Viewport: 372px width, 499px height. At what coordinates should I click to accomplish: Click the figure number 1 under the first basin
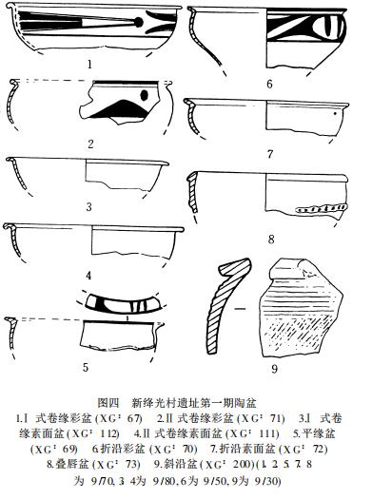tap(88, 66)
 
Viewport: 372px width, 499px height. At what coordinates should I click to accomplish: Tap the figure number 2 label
tap(88, 144)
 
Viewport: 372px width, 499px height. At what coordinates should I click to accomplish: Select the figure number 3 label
tap(88, 205)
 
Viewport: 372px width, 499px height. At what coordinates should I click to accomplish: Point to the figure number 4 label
tap(88, 276)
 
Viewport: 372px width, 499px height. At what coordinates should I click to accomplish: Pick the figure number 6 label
tap(269, 84)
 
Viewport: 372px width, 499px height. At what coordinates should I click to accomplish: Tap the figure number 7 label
tap(270, 152)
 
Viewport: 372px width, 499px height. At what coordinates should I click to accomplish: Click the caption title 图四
tap(112, 401)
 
